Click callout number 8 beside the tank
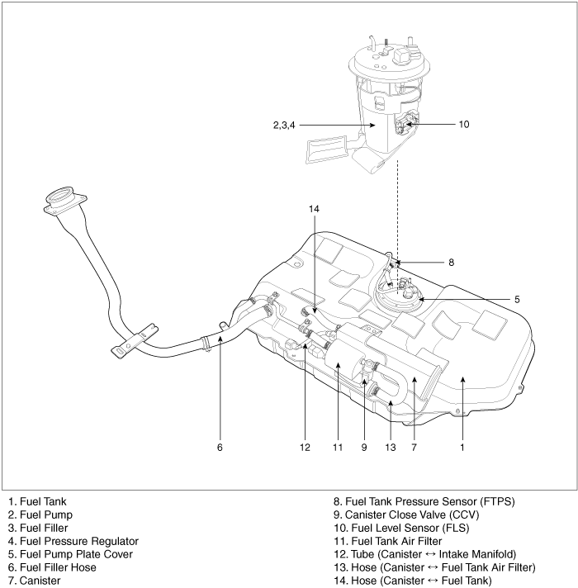click(452, 263)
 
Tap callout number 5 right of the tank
click(517, 299)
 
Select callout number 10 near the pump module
click(464, 125)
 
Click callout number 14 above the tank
click(314, 210)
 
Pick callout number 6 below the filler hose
click(220, 447)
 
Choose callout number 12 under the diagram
click(305, 447)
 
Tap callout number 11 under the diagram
click(337, 447)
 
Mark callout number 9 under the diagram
click(362, 447)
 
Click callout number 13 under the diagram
click(391, 447)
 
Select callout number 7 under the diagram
click(415, 447)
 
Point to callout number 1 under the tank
click(463, 447)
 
